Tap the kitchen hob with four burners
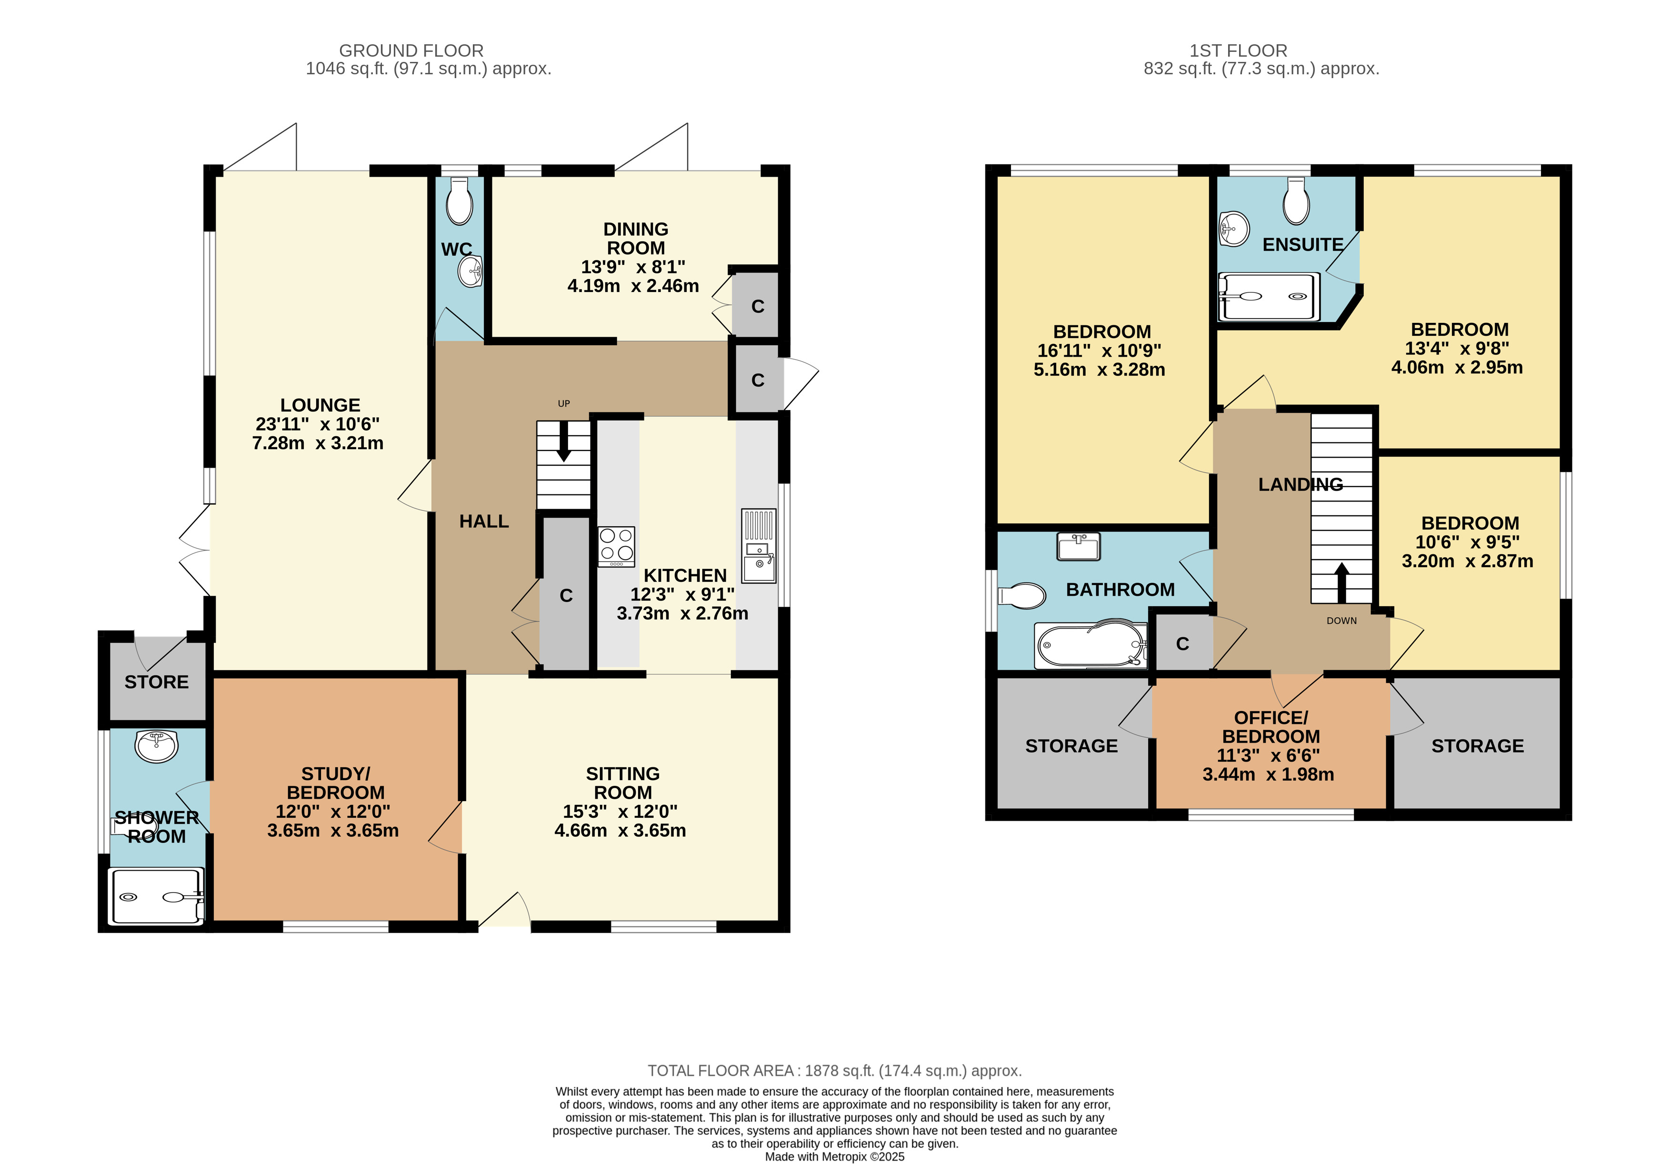coord(616,546)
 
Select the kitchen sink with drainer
coord(759,546)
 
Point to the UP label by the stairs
coord(564,404)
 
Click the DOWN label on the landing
coord(1341,621)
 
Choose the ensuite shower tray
coord(1269,296)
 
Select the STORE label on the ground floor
coord(156,682)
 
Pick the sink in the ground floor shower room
coord(156,746)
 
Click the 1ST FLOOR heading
coord(1238,51)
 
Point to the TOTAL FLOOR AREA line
coord(835,1071)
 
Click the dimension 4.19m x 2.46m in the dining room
coord(633,286)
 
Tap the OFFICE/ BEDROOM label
coord(1270,727)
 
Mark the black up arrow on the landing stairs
coord(1341,583)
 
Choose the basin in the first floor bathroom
coord(1079,546)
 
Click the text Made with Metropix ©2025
coord(835,1157)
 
